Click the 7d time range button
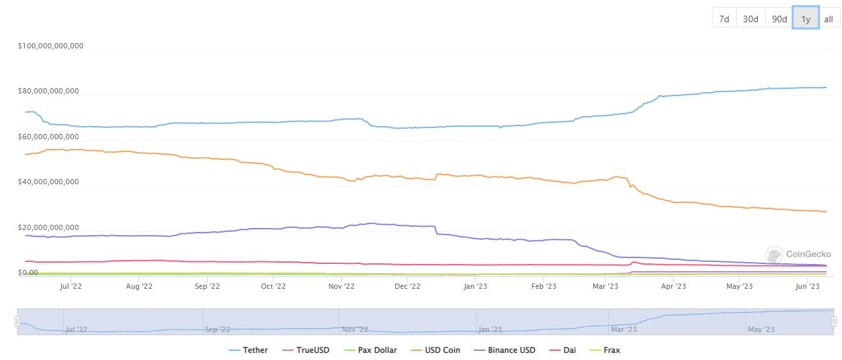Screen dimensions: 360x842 coord(724,19)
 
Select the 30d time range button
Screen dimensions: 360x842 coord(751,19)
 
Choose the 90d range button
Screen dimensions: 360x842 coord(779,19)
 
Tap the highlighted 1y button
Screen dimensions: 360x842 coord(805,19)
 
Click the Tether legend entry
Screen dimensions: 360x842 coord(249,350)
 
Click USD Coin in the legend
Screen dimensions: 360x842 coord(436,350)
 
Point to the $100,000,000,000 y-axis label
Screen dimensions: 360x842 coord(50,46)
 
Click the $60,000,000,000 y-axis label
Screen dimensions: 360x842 coord(48,137)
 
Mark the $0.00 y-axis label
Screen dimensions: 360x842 coord(28,272)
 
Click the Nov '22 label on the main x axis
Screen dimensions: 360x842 coord(341,286)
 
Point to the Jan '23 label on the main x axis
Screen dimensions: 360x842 coord(475,286)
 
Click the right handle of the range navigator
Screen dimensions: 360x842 coord(834,321)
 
